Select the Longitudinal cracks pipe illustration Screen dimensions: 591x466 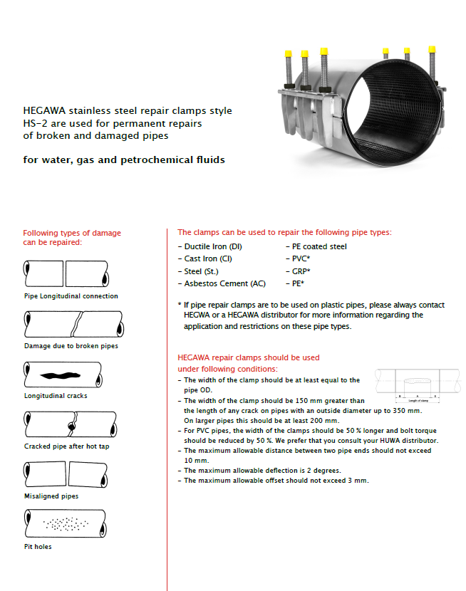[x=66, y=375]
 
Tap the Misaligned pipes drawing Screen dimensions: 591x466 [x=66, y=474]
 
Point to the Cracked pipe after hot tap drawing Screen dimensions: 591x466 [x=66, y=424]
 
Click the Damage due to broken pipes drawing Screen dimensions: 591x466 [x=66, y=325]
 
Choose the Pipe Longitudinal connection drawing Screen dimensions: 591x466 [x=66, y=273]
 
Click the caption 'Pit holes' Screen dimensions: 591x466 [x=38, y=547]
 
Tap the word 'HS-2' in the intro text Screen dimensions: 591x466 [x=37, y=124]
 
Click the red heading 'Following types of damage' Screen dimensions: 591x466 [x=72, y=233]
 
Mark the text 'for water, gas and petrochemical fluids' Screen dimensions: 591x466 [x=124, y=159]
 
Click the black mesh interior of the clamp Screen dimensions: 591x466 [x=403, y=114]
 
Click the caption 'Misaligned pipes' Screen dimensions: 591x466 [x=51, y=496]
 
